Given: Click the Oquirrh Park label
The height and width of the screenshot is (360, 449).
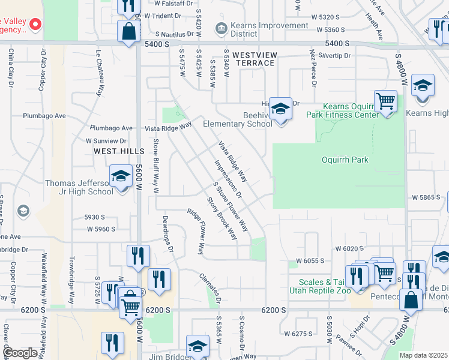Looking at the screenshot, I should click(345, 160).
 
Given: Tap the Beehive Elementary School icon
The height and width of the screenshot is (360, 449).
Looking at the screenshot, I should click(280, 109).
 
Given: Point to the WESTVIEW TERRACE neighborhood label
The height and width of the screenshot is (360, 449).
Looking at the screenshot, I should click(255, 59).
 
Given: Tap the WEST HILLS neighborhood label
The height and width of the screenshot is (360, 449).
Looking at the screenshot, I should click(119, 151).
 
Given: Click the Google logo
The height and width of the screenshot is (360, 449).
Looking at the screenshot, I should click(20, 353).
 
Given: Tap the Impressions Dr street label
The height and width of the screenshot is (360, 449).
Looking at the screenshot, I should click(228, 179).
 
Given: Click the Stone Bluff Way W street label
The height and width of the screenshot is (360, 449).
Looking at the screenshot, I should click(156, 165).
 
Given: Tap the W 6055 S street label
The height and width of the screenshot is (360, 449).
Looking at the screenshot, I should click(310, 262).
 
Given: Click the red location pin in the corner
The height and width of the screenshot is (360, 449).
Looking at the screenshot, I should click(35, 24).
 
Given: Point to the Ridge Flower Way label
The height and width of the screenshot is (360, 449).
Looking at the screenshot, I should click(197, 231).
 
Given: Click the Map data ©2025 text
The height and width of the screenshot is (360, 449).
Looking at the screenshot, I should click(424, 355).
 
